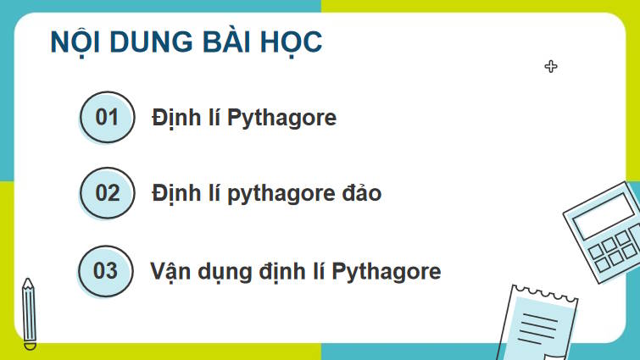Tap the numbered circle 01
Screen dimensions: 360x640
point(107,117)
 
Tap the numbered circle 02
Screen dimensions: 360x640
point(107,193)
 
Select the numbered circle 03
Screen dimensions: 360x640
point(105,271)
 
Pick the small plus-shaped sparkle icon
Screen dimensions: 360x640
point(551,66)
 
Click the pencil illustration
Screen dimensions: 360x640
point(29,313)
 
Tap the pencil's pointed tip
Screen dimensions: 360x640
point(27,281)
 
